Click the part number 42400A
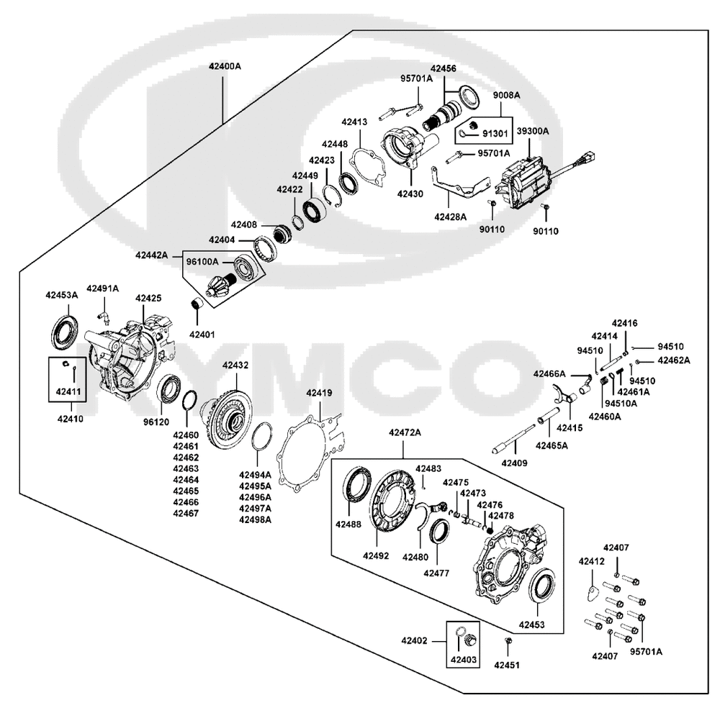[x=224, y=65]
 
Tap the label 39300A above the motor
[x=532, y=131]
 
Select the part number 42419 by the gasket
[x=319, y=393]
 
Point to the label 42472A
[x=405, y=432]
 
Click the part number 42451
[x=507, y=665]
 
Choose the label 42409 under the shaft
[x=514, y=463]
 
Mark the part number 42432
[x=235, y=365]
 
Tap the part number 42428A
[x=450, y=216]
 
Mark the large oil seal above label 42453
[x=542, y=584]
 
